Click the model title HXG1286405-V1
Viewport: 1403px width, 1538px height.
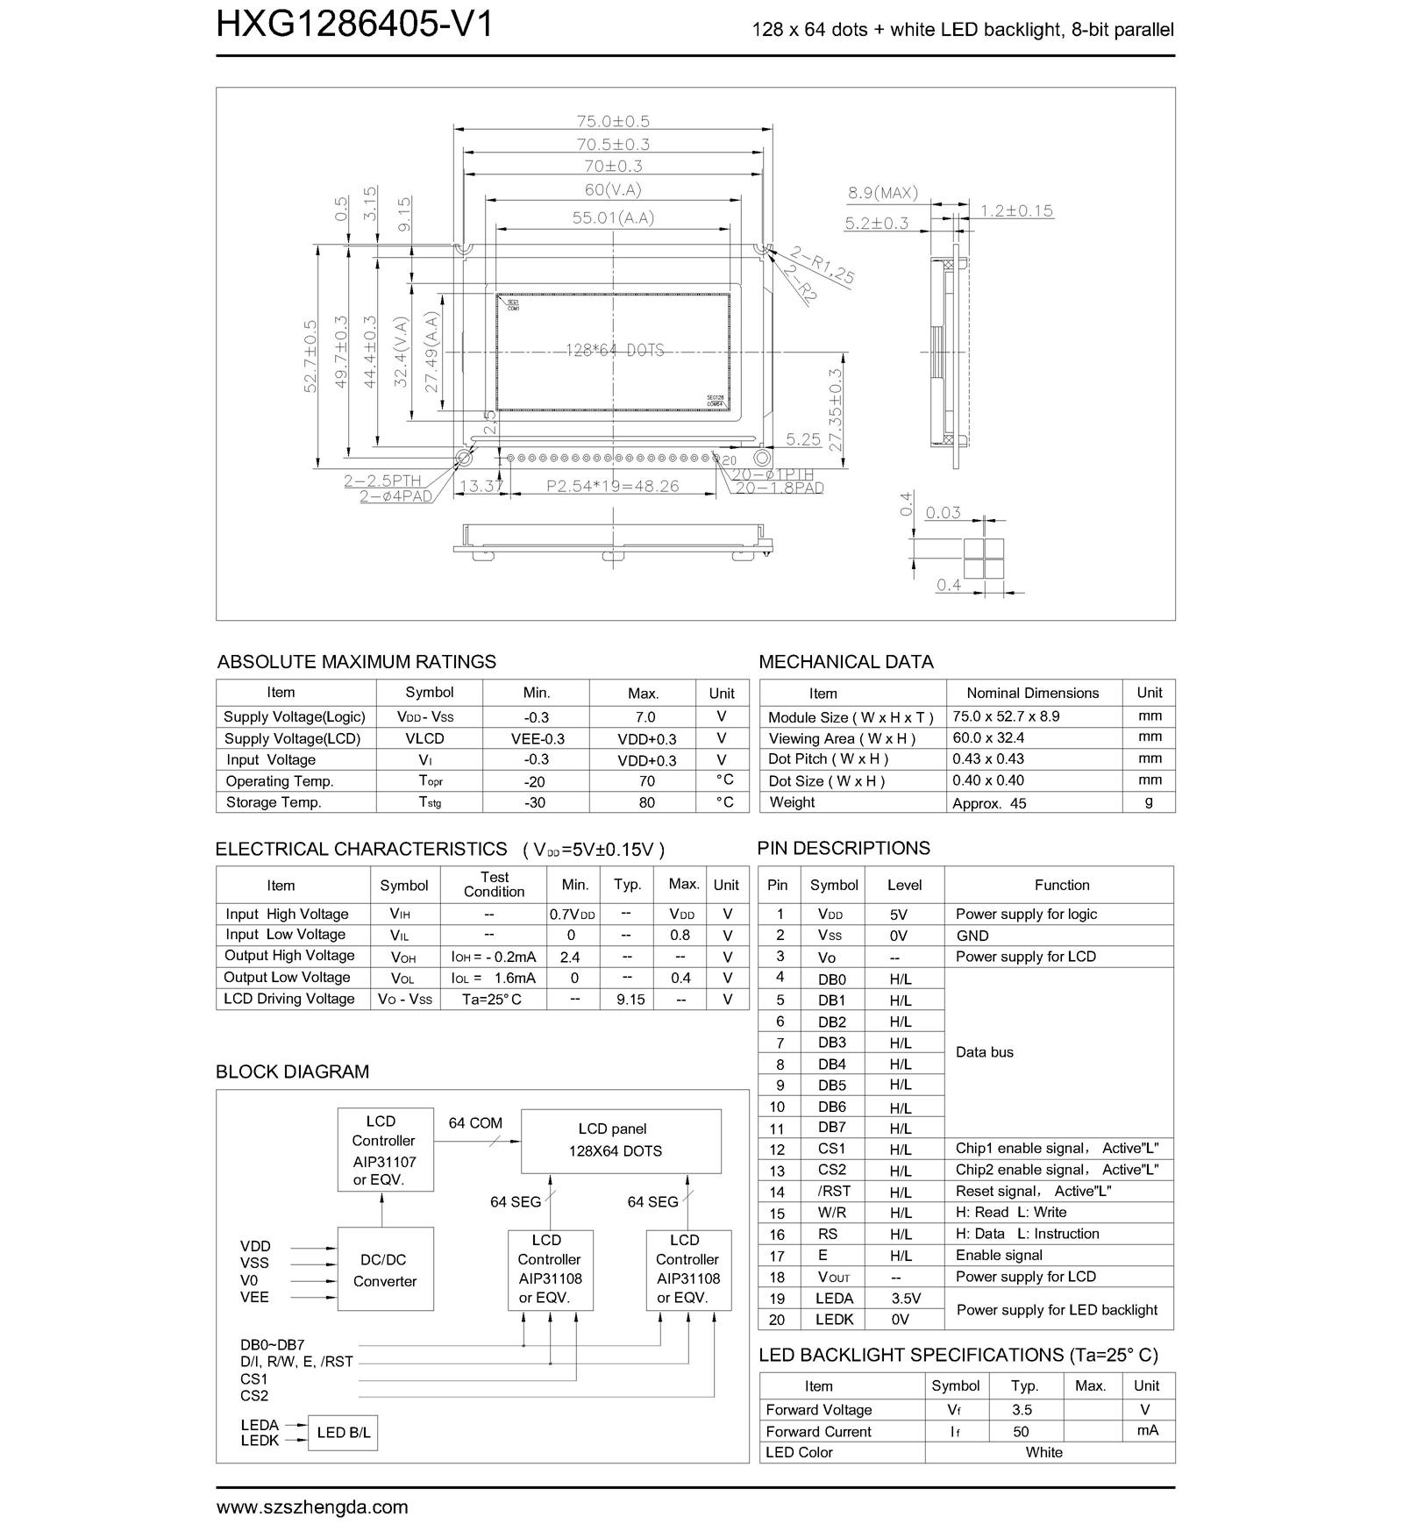354,25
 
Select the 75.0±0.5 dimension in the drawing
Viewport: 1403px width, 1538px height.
613,121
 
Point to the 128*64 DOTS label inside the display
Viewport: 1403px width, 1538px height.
614,351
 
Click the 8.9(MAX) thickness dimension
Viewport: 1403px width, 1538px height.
882,193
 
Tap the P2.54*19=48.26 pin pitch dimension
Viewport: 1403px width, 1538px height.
613,486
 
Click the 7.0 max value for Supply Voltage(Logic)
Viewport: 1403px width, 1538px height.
645,717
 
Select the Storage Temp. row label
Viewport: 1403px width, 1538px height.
274,802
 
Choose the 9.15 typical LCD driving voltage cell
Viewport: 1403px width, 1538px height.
630,1000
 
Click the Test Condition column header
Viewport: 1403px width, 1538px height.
494,885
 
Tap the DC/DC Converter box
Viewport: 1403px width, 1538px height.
385,1269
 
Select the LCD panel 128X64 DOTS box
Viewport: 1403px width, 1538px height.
621,1141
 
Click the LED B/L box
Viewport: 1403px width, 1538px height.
343,1433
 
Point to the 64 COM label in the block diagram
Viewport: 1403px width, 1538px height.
475,1123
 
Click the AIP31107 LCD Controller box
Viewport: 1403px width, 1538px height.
385,1150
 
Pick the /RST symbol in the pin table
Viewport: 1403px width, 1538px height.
833,1192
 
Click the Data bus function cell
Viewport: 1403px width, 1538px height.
984,1052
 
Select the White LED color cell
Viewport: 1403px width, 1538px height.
1043,1453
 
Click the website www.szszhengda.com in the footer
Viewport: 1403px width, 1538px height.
312,1507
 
